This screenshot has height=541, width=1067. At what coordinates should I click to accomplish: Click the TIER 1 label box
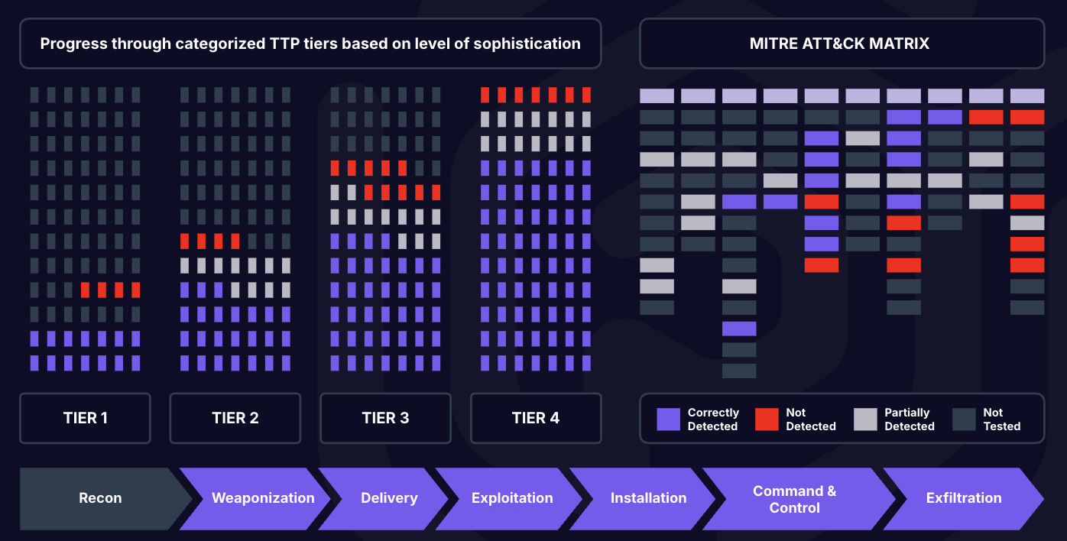(x=86, y=418)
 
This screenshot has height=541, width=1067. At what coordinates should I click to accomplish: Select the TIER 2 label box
(x=235, y=418)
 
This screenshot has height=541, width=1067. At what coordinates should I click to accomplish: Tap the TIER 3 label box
(x=385, y=418)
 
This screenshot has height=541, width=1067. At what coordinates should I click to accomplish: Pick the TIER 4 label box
(x=536, y=418)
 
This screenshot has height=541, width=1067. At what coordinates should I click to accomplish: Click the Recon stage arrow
(x=100, y=498)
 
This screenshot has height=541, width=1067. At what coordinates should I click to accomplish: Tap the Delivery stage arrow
(x=386, y=498)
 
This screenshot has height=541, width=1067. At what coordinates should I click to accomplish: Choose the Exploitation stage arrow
(x=511, y=498)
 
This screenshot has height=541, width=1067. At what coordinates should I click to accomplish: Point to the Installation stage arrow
(x=645, y=498)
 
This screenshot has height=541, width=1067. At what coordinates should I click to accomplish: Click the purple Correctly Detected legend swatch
(x=668, y=419)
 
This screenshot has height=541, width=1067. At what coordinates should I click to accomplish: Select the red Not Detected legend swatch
(x=767, y=419)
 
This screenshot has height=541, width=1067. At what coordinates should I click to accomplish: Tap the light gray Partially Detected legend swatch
(x=865, y=419)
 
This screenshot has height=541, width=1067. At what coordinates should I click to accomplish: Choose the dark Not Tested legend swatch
(x=964, y=419)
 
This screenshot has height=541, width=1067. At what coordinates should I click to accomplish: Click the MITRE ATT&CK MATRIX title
(x=839, y=44)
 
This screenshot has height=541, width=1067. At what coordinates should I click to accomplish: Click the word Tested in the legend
(x=1002, y=426)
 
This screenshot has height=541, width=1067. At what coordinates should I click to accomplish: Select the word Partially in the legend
(x=907, y=413)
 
